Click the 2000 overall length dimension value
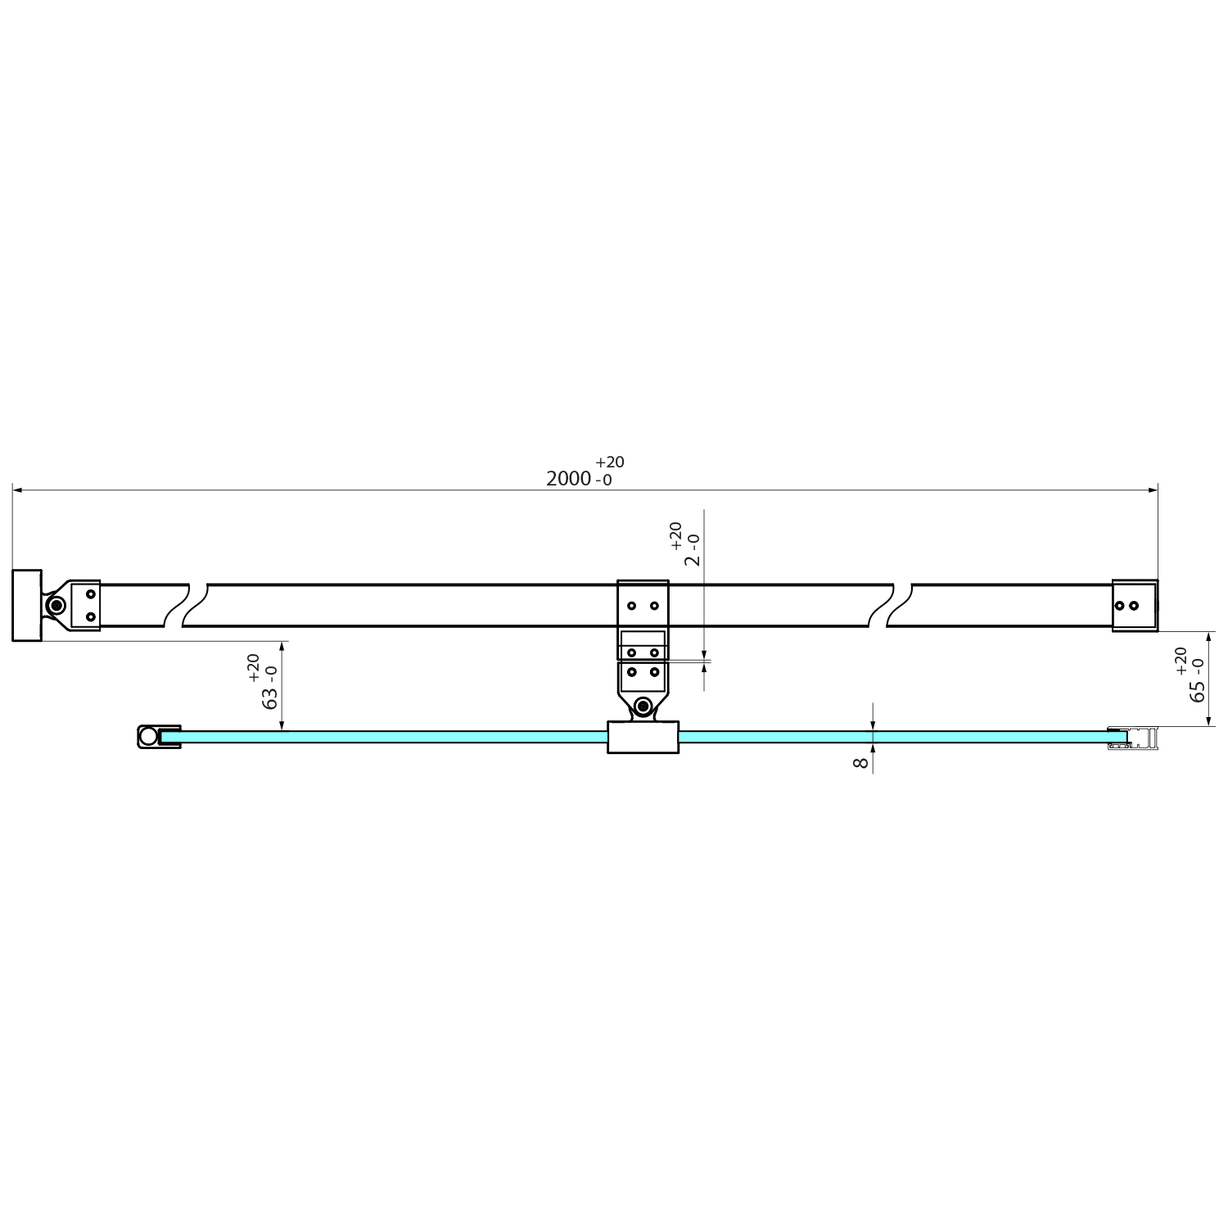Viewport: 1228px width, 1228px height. (568, 479)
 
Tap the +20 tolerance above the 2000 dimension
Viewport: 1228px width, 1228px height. (610, 463)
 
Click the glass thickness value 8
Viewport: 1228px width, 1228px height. (860, 763)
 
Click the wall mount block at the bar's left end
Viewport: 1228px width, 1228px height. (27, 605)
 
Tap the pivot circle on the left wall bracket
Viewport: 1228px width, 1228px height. (56, 606)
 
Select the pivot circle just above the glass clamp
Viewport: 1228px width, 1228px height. (643, 706)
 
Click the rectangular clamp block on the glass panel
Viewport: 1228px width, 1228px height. (643, 737)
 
